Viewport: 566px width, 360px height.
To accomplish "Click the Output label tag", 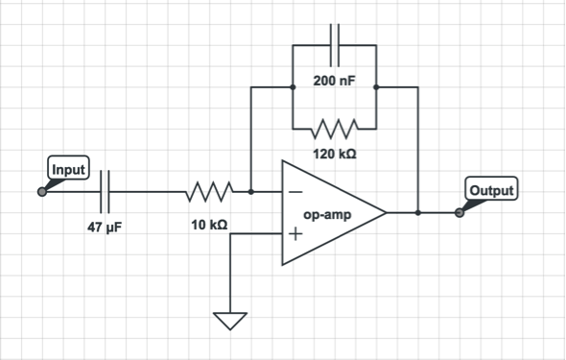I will click(490, 189).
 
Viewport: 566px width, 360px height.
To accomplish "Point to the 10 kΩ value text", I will click(209, 225).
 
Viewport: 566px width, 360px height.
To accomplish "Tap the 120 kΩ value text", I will click(333, 154).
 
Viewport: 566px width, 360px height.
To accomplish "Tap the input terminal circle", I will click(41, 192).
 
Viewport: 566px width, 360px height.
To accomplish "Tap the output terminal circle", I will click(459, 212).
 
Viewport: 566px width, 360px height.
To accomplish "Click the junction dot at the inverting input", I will click(250, 192).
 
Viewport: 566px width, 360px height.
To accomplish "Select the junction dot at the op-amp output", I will click(417, 212).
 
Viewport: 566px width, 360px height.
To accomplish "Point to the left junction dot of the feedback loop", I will click(292, 86).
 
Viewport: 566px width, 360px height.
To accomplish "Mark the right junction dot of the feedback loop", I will click(374, 86).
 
